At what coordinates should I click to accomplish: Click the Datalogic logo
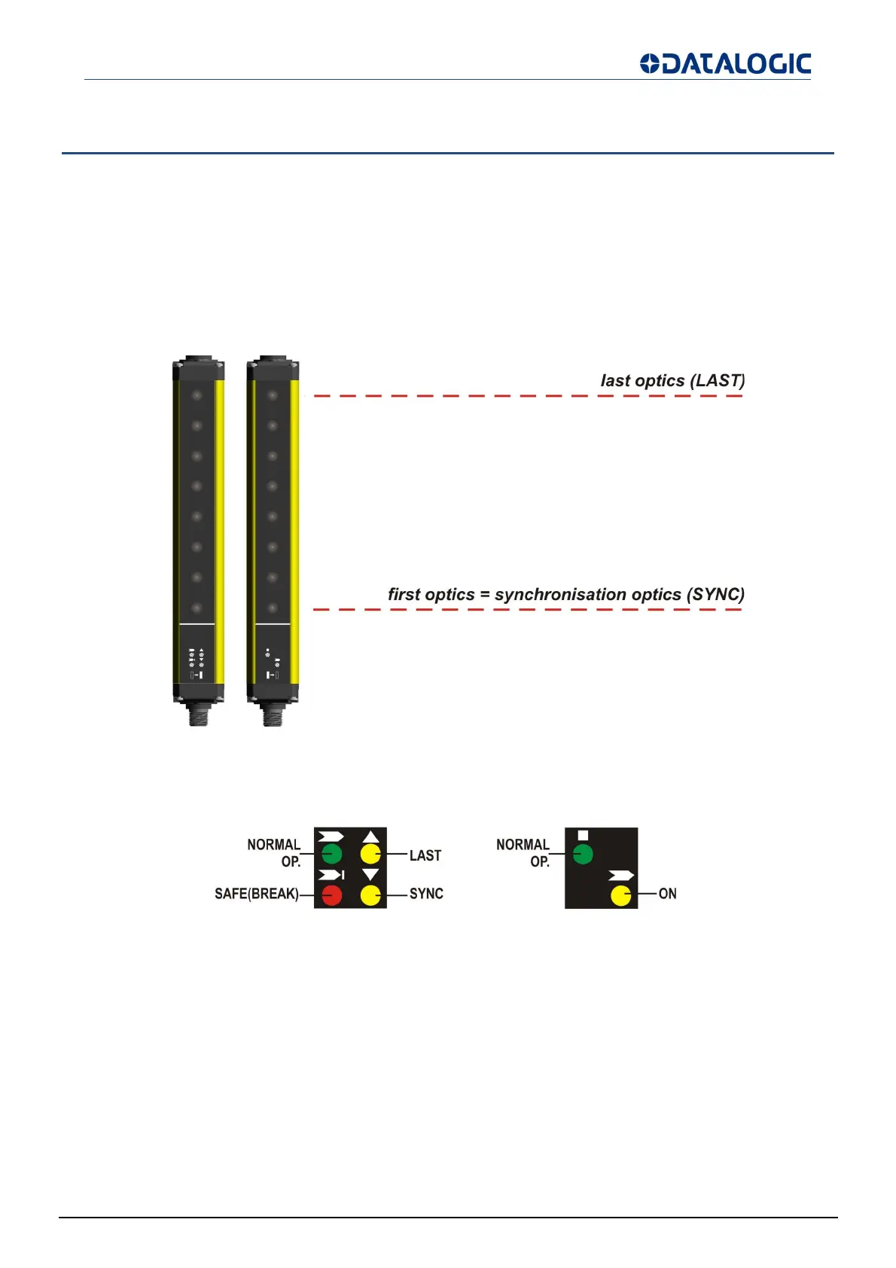[x=725, y=64]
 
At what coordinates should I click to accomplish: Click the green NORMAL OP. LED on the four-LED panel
[x=331, y=854]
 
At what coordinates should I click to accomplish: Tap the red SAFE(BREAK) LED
[x=331, y=895]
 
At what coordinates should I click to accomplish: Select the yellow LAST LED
[x=370, y=854]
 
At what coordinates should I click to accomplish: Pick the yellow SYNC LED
[x=370, y=895]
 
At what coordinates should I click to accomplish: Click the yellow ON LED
[x=620, y=896]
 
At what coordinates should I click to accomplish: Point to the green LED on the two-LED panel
[x=583, y=855]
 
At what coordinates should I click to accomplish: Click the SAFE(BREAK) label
[x=256, y=895]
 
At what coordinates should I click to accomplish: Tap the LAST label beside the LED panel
[x=425, y=855]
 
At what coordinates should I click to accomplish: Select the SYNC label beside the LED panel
[x=426, y=894]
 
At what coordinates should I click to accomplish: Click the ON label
[x=667, y=894]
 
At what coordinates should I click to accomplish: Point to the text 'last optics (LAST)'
[x=672, y=381]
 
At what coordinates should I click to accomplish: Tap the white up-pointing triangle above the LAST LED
[x=370, y=837]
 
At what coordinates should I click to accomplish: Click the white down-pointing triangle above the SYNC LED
[x=370, y=875]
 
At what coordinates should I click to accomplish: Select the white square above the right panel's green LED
[x=583, y=835]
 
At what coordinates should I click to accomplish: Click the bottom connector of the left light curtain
[x=197, y=715]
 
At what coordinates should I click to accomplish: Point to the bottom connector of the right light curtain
[x=273, y=715]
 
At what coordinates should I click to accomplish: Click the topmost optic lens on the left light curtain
[x=197, y=395]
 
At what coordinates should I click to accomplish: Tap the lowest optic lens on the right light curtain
[x=273, y=608]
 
